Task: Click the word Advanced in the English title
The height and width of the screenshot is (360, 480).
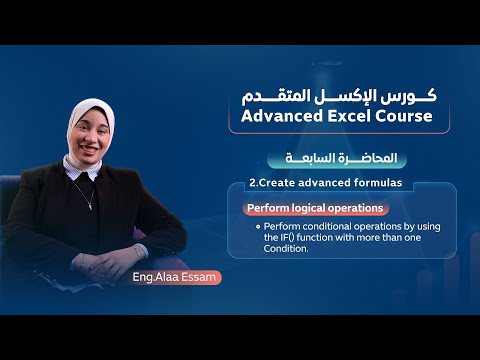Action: pos(275,116)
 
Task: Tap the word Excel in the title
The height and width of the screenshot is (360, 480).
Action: pos(351,116)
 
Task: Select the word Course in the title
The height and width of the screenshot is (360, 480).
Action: pos(407,116)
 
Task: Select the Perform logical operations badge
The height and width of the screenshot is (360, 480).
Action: pos(315,208)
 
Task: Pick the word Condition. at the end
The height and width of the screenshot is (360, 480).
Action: pos(287,249)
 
